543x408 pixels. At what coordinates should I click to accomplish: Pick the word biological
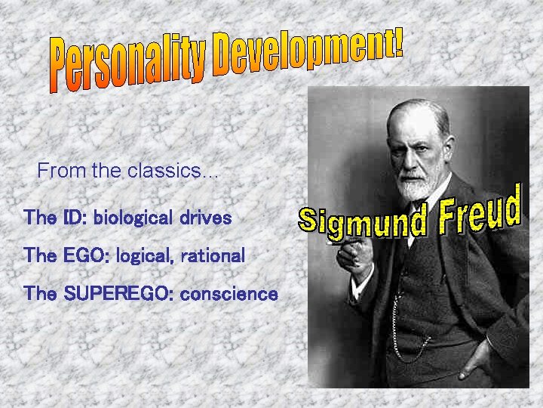coord(133,219)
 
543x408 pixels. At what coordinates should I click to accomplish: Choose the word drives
coord(205,218)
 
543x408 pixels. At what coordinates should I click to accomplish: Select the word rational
coord(213,256)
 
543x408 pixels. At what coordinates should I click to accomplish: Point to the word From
coord(62,171)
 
